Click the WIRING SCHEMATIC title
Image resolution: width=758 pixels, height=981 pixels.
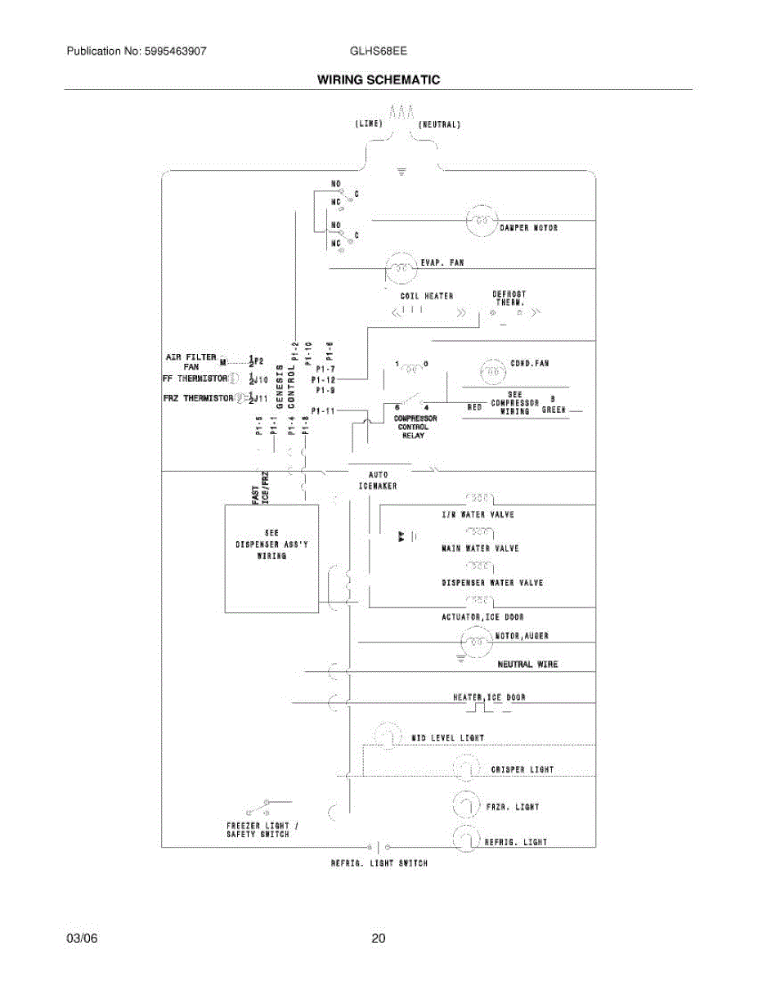point(379,80)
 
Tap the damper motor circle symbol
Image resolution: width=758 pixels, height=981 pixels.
point(482,220)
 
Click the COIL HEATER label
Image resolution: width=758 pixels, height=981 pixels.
point(426,296)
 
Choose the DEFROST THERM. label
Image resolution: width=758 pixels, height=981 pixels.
point(509,298)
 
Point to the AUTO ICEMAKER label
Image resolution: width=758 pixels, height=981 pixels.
point(378,480)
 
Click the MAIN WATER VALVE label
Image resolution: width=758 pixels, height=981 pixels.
point(480,549)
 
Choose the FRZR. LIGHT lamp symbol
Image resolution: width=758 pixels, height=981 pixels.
point(465,805)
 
